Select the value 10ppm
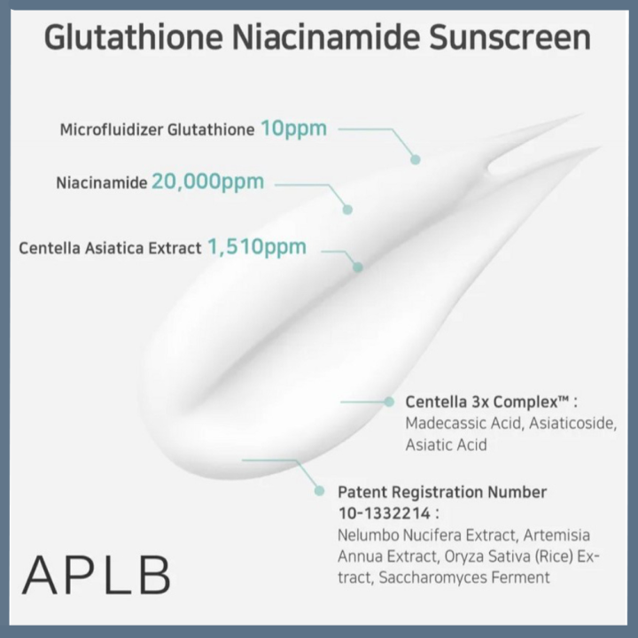pyautogui.click(x=293, y=128)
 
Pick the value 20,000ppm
pyautogui.click(x=207, y=182)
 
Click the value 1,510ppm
pyautogui.click(x=257, y=246)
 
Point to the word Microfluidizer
pyautogui.click(x=114, y=130)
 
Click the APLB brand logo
pyautogui.click(x=96, y=576)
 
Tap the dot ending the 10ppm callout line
pyautogui.click(x=415, y=159)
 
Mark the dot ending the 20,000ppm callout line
pyautogui.click(x=347, y=210)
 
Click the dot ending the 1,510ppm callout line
pyautogui.click(x=358, y=267)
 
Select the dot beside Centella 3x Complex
pyautogui.click(x=388, y=401)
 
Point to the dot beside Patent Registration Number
pyautogui.click(x=319, y=490)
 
